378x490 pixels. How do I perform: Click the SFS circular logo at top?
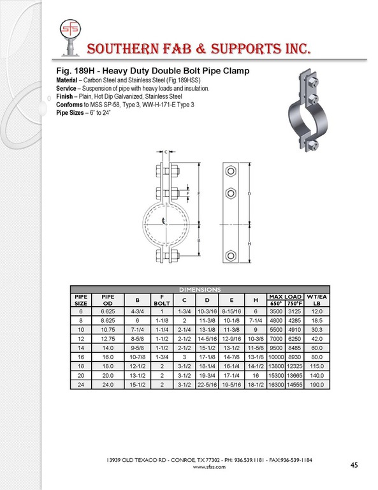(x=70, y=29)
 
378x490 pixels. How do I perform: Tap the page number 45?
(x=354, y=465)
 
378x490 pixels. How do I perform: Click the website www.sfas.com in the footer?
(x=209, y=467)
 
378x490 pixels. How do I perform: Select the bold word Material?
(x=66, y=80)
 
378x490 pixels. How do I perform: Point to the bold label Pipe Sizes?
(x=70, y=112)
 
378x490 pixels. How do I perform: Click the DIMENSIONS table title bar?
(x=200, y=290)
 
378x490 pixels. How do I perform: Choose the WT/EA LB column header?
(x=317, y=300)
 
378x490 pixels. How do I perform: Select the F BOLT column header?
(x=162, y=300)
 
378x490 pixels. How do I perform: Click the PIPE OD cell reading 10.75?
(x=108, y=330)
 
